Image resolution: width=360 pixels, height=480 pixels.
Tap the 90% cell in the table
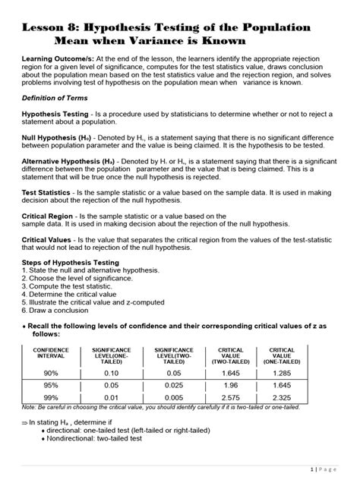pos(51,373)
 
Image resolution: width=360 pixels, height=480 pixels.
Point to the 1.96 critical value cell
pos(231,385)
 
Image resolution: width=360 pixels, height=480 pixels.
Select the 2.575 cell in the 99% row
pos(231,397)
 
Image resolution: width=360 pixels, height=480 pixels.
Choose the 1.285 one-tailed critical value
pos(282,373)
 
